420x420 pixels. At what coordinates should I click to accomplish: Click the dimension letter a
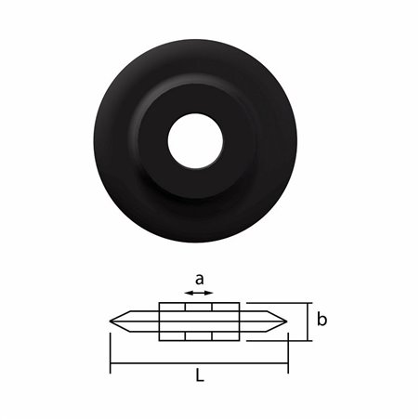[x=197, y=277]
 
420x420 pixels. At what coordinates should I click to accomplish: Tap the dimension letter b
[x=322, y=320]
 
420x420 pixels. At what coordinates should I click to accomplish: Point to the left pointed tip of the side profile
[x=112, y=322]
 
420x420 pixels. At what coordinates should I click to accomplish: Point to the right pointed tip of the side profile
[x=286, y=322]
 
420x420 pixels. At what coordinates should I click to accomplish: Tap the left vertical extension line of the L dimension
[x=111, y=348]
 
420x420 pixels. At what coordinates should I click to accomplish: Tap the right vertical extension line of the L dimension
[x=287, y=348]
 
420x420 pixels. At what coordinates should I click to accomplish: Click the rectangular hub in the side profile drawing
[x=199, y=322]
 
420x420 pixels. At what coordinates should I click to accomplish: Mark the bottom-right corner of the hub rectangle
[x=239, y=339]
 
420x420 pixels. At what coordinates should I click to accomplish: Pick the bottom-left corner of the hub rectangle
[x=160, y=339]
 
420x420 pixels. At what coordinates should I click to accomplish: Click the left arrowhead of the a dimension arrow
[x=186, y=294]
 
